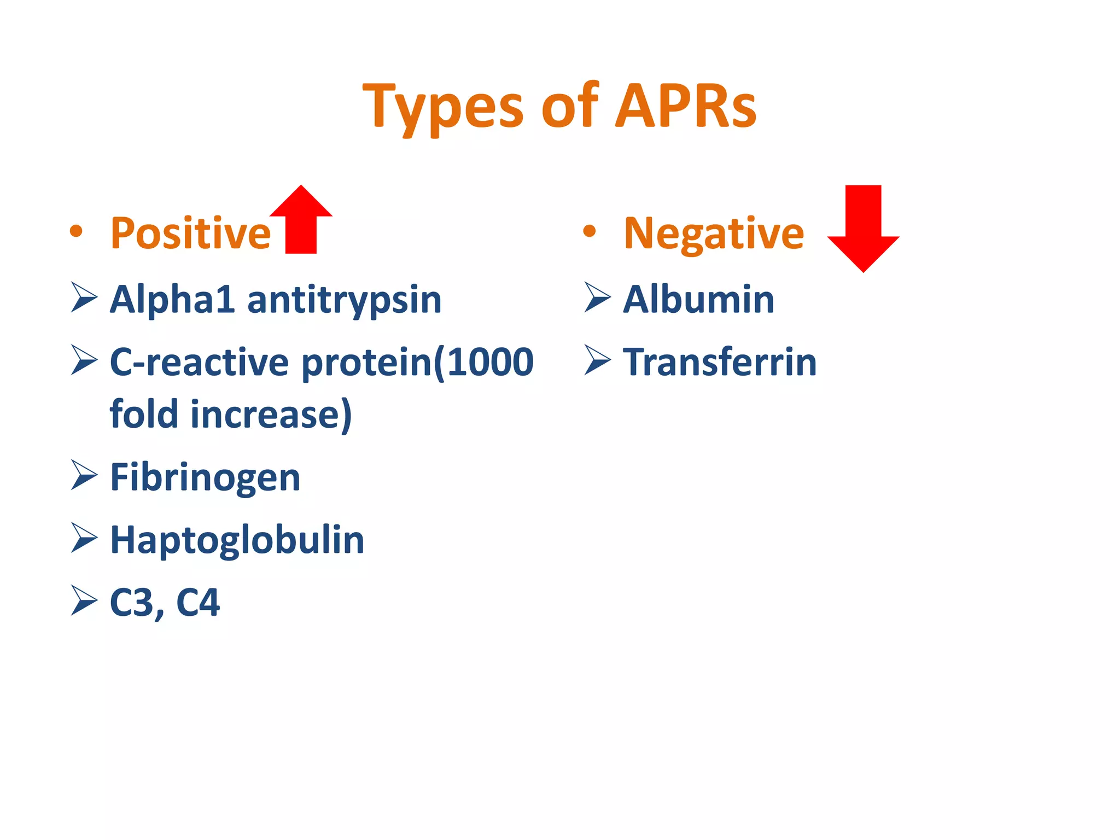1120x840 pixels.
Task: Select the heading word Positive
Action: point(190,233)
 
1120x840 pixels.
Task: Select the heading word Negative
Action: point(714,234)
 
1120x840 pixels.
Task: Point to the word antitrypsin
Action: point(344,301)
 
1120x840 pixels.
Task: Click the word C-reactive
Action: point(199,362)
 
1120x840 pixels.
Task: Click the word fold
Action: point(144,413)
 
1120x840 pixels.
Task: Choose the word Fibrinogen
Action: point(205,478)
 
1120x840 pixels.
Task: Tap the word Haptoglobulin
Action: point(237,540)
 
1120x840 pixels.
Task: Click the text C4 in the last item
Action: point(198,603)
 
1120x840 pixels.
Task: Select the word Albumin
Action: point(698,300)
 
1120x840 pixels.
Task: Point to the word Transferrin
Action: point(719,362)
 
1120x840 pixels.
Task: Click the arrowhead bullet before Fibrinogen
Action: point(84,475)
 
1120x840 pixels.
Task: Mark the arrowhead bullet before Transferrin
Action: point(597,360)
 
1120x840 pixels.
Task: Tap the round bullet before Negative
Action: point(589,231)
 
